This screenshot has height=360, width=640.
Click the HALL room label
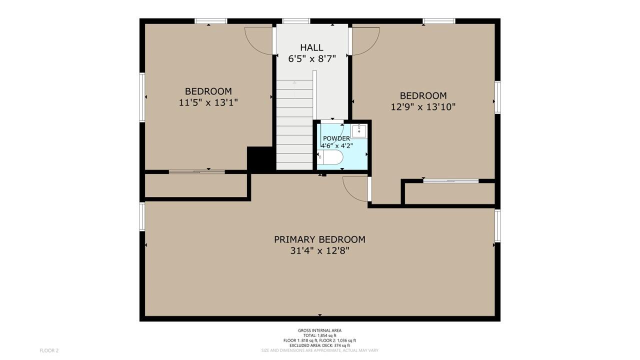pos(311,47)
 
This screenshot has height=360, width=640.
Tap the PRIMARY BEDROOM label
pos(319,239)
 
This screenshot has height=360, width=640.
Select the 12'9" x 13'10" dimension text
pos(423,107)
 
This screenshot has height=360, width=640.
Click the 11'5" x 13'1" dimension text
pos(208,102)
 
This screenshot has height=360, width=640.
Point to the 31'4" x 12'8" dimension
pos(319,251)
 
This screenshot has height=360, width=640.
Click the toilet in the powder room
pos(330,157)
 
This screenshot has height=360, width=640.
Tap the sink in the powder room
pos(359,131)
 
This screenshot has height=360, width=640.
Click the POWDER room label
pos(336,138)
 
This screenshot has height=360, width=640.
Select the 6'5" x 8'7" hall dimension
pos(311,59)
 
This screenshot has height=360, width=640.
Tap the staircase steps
pos(294,125)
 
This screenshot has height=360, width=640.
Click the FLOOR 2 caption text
pos(49,350)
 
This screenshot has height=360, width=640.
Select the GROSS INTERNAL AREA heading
pos(319,330)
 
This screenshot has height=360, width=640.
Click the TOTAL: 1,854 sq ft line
pos(319,335)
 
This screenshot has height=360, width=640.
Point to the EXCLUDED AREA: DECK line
pos(319,345)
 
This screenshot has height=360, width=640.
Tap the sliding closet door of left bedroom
pos(197,171)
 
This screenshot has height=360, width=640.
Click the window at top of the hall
pos(296,21)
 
